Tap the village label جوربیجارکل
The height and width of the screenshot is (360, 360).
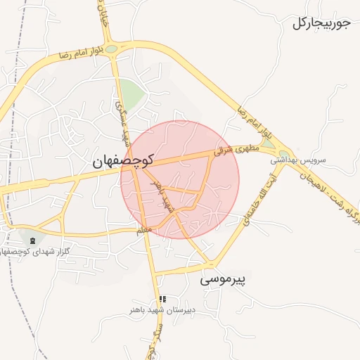pos(321,23)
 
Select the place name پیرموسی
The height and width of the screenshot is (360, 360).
pos(225,279)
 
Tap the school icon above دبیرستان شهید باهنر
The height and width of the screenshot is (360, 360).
pos(164,299)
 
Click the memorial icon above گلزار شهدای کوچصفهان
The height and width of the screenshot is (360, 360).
pos(33,241)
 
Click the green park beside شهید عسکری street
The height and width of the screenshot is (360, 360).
pos(131,92)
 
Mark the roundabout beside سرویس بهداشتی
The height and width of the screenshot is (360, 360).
pos(284,153)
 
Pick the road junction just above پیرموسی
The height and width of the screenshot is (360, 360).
pos(209,264)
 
